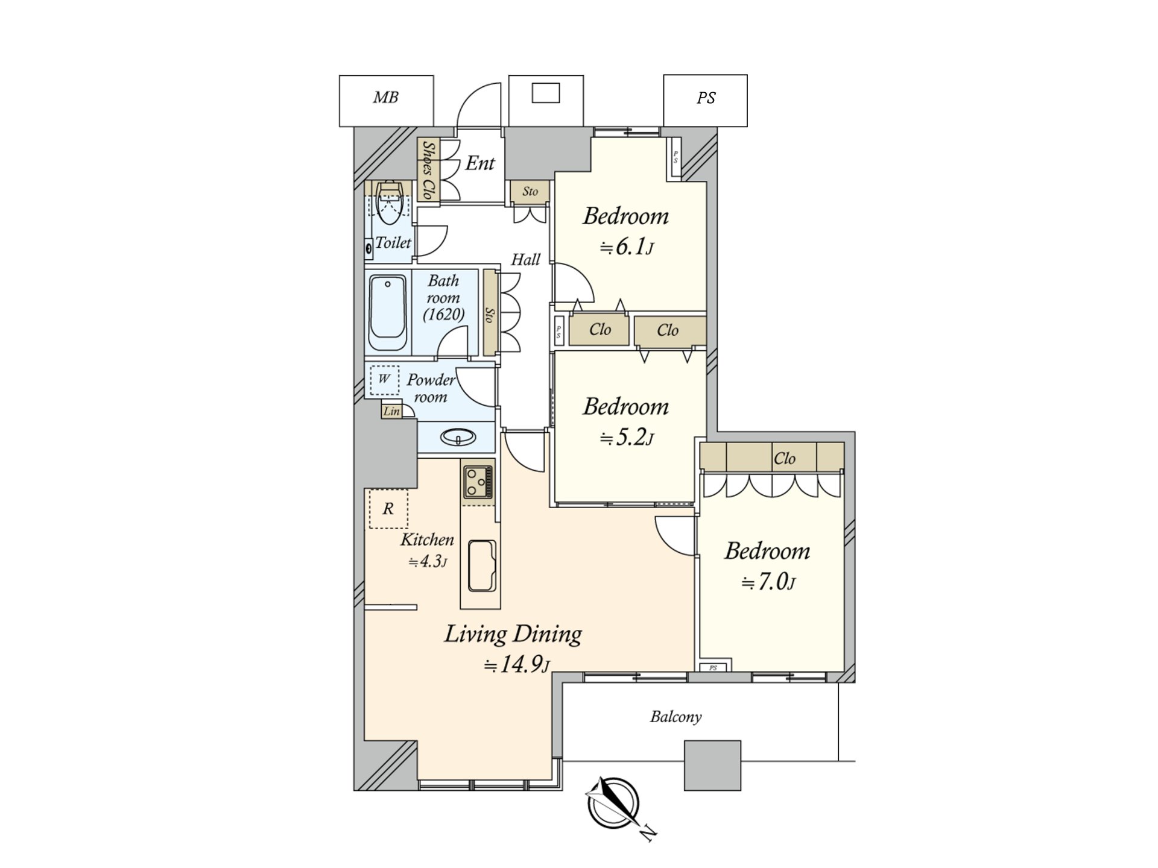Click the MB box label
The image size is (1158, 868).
click(x=386, y=98)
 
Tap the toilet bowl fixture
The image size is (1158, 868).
click(x=389, y=201)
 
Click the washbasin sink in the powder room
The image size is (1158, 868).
click(x=458, y=437)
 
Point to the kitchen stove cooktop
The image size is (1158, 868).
click(x=478, y=482)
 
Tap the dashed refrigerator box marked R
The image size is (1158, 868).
click(x=388, y=509)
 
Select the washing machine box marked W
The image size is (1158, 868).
click(x=384, y=380)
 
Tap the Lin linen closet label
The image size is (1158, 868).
click(x=391, y=412)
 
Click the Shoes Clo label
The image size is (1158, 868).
click(x=428, y=170)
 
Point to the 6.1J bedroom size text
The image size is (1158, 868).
click(x=627, y=247)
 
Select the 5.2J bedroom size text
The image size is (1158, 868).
click(x=627, y=438)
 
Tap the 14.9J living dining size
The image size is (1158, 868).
click(x=517, y=665)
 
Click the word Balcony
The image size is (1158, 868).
click(x=676, y=717)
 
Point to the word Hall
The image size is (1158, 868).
click(x=525, y=260)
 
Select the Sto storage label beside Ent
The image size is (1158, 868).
click(x=530, y=192)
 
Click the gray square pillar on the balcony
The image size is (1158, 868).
click(x=712, y=766)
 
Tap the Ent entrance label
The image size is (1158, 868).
click(x=480, y=163)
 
